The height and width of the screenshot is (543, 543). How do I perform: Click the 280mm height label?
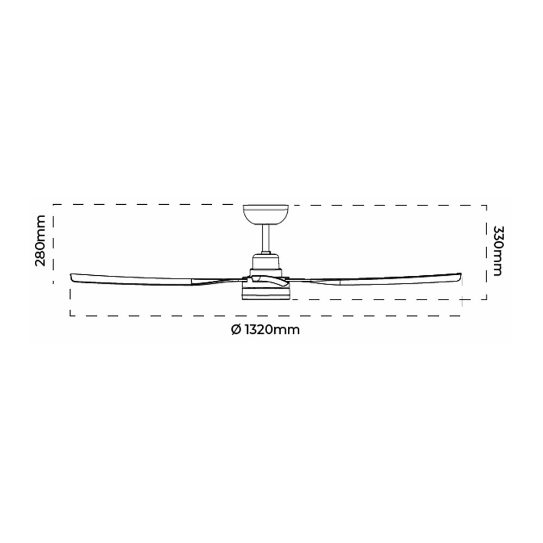coord(40,241)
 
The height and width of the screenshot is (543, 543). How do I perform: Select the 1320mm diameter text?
coord(272,330)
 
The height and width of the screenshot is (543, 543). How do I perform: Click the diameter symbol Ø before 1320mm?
coord(236,330)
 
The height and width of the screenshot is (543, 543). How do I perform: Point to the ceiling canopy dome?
coord(266,214)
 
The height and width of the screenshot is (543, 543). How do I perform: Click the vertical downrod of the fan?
coord(266,238)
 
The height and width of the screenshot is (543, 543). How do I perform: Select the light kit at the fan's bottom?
coord(266,293)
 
